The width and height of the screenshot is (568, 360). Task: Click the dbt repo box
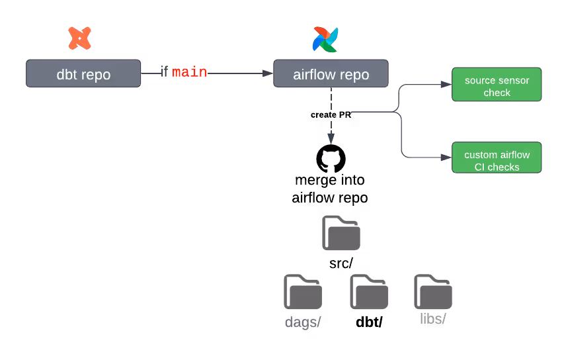(x=83, y=73)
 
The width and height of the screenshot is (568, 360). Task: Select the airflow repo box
(x=331, y=73)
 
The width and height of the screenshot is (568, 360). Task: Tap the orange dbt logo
(x=80, y=38)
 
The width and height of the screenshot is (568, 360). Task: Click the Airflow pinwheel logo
(x=325, y=39)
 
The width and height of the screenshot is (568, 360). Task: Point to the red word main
(x=190, y=72)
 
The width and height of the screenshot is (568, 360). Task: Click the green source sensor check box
(x=497, y=85)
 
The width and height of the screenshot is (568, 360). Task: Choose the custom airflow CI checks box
(x=497, y=157)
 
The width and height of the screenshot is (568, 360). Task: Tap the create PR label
(x=331, y=115)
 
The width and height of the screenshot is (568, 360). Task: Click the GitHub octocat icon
(x=331, y=159)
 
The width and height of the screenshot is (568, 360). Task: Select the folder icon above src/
(x=341, y=233)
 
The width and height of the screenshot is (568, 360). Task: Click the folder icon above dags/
(x=303, y=292)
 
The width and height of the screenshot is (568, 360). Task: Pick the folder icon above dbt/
(x=369, y=292)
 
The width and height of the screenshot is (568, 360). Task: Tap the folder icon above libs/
(x=433, y=292)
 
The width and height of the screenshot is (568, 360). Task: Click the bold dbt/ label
(x=369, y=322)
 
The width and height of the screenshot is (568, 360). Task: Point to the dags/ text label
(x=303, y=322)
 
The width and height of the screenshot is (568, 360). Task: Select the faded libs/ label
(x=433, y=319)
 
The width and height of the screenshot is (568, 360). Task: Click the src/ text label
(x=341, y=263)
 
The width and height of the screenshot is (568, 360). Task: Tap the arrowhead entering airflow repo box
(x=268, y=73)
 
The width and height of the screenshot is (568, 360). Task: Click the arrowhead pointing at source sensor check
(x=446, y=85)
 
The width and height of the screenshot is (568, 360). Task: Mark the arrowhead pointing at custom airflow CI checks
(x=446, y=157)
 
